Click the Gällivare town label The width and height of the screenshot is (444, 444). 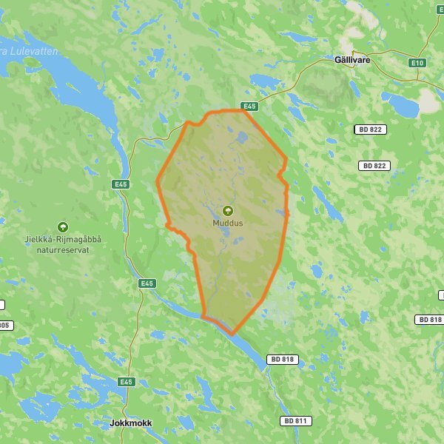pyautogui.click(x=352, y=59)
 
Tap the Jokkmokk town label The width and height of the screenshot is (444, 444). pyautogui.click(x=130, y=423)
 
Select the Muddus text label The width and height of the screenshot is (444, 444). pyautogui.click(x=227, y=222)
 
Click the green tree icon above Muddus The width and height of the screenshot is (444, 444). pyautogui.click(x=227, y=210)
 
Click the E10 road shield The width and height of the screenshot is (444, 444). pyautogui.click(x=417, y=63)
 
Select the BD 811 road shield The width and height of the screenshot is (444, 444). pyautogui.click(x=296, y=420)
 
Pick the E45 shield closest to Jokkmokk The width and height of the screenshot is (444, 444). pyautogui.click(x=127, y=382)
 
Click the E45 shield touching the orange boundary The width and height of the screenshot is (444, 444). pyautogui.click(x=249, y=107)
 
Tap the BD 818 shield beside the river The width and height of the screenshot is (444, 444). pyautogui.click(x=282, y=359)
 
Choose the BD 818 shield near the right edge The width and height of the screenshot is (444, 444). pyautogui.click(x=429, y=320)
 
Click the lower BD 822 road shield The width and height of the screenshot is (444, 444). pyautogui.click(x=374, y=166)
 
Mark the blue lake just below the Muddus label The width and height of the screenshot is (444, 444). pyautogui.click(x=226, y=237)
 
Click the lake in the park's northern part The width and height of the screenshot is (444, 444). pyautogui.click(x=241, y=137)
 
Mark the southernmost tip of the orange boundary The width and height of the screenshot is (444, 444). pyautogui.click(x=232, y=334)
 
